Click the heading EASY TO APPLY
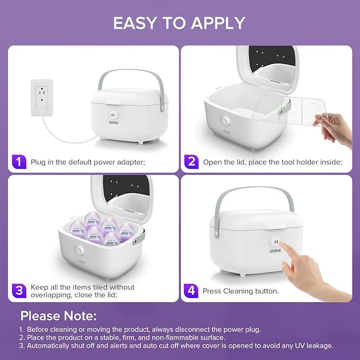179,23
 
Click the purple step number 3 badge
19,290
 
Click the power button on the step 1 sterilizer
112,114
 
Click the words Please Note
59,316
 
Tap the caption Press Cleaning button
241,291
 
